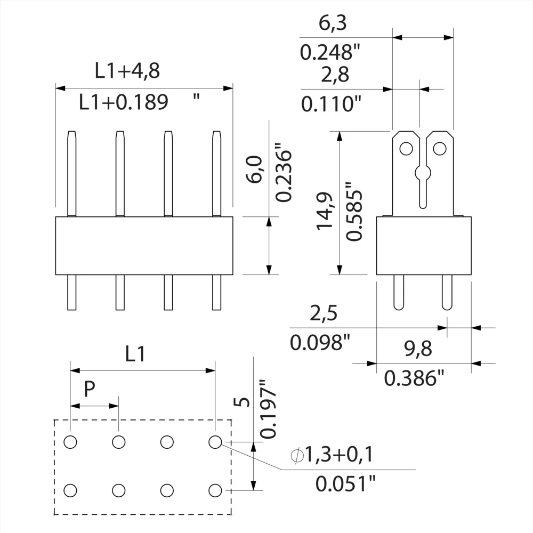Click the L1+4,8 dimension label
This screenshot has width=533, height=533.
point(127,71)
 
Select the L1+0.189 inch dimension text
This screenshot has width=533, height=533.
point(124,102)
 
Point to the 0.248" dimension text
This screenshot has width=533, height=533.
point(330,52)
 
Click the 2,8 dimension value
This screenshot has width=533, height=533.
point(335,75)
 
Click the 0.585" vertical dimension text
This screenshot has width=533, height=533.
point(354,212)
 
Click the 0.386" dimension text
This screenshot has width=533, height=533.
point(414,378)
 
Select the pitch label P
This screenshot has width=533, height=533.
point(90,390)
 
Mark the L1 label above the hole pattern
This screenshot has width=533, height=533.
point(135,354)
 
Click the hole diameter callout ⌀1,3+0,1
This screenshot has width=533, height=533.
point(332,455)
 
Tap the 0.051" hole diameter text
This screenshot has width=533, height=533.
point(345,484)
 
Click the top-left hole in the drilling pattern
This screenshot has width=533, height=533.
point(70,441)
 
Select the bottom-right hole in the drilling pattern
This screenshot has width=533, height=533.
point(215,490)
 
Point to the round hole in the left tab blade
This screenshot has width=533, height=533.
point(406,148)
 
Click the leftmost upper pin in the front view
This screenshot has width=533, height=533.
point(71,173)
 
